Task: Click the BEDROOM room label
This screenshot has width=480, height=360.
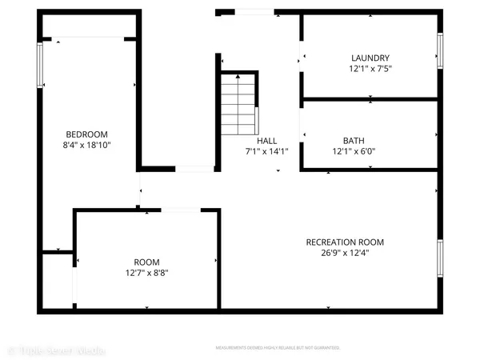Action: point(86,134)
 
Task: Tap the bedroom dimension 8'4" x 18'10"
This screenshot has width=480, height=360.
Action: point(86,145)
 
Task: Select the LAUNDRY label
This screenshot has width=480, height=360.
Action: point(370,58)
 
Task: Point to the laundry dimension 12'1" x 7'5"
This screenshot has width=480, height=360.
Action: point(370,69)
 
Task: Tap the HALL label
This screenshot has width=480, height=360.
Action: point(266,139)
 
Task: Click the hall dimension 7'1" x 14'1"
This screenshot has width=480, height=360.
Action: point(266,150)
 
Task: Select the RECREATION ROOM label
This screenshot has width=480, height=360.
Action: point(346,242)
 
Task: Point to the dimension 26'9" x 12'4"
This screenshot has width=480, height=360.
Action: point(346,254)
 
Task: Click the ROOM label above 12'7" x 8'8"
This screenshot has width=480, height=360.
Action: point(146,262)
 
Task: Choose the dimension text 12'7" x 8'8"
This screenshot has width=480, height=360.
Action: point(146,273)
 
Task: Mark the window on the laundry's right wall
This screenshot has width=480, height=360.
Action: point(439,51)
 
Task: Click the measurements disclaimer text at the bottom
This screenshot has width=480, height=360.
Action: point(278,348)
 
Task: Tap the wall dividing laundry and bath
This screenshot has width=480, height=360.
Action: point(370,99)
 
